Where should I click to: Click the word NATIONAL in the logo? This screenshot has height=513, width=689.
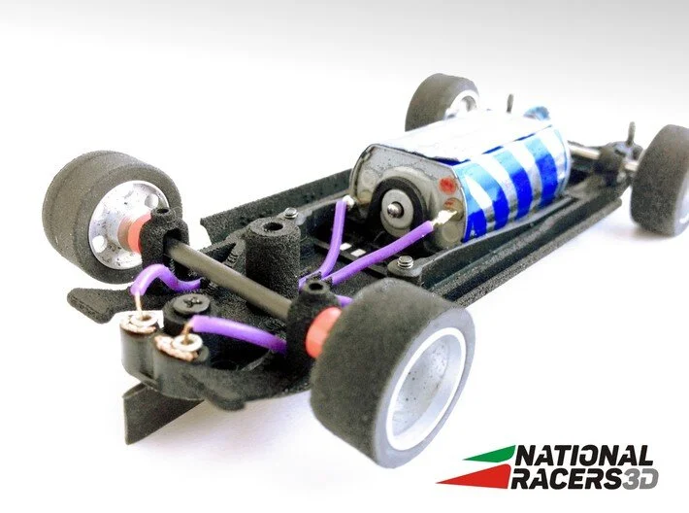coord(583,457)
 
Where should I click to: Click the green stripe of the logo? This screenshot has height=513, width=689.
coord(489,454)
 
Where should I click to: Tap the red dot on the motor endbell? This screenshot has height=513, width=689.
coord(447,184)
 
